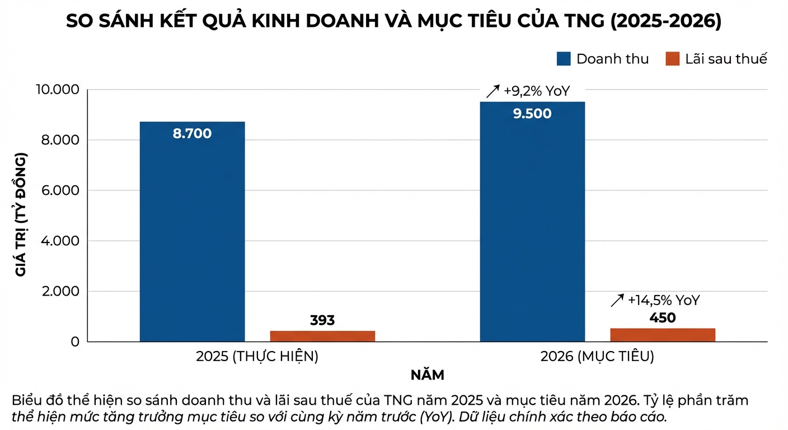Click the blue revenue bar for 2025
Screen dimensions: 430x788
(x=192, y=235)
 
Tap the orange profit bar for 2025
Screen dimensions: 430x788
(x=322, y=336)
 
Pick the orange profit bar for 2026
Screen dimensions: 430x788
(x=663, y=335)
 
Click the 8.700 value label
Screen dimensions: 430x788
(x=192, y=134)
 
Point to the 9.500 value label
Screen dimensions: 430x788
(x=532, y=114)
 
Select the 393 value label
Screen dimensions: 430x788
(x=322, y=320)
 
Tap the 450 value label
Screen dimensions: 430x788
(x=663, y=318)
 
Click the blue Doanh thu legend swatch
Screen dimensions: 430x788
(x=563, y=59)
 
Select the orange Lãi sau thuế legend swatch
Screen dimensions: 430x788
(x=672, y=59)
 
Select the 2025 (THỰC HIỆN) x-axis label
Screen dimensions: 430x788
(x=257, y=357)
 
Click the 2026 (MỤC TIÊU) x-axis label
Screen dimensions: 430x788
(x=597, y=357)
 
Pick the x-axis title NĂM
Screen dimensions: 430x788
(x=427, y=375)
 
